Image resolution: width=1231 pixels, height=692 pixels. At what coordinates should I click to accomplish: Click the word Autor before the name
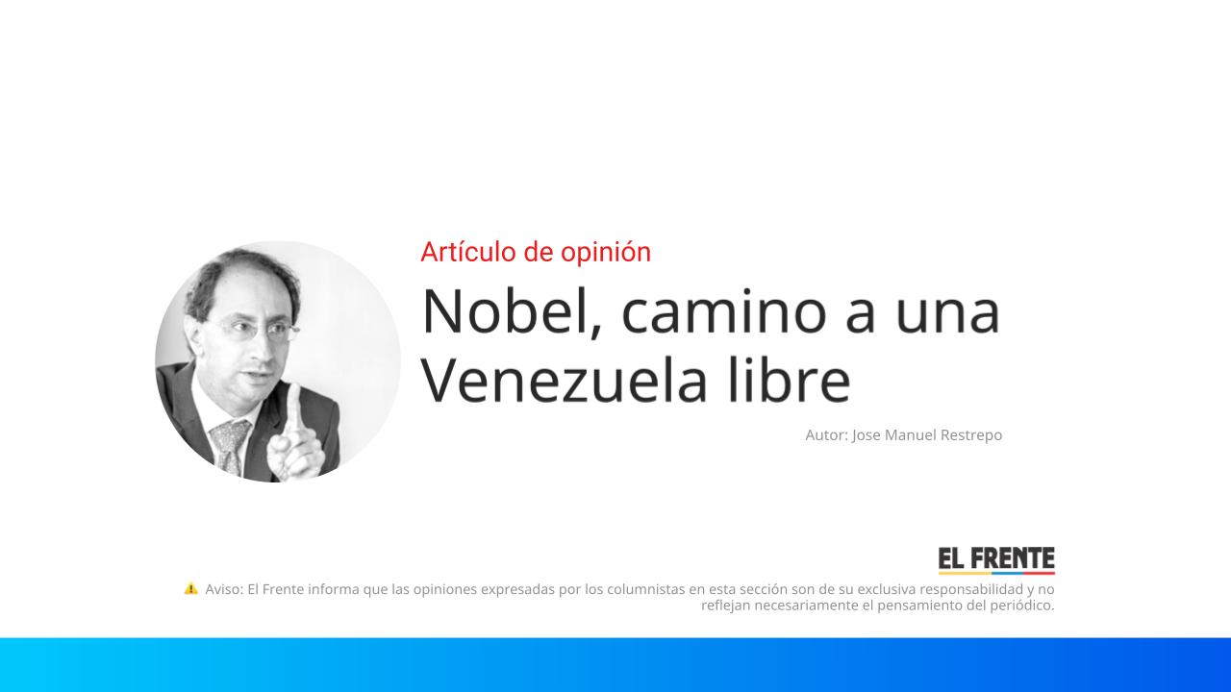tap(826, 435)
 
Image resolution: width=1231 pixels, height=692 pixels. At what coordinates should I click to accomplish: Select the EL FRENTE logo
tap(996, 560)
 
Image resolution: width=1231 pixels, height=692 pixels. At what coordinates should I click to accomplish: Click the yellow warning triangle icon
tap(191, 588)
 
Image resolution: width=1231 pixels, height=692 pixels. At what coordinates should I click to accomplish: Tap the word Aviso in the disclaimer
tap(223, 589)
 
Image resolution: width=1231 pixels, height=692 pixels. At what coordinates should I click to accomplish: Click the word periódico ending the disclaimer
tap(1022, 605)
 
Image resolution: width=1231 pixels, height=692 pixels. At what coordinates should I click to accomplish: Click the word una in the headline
tap(947, 310)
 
